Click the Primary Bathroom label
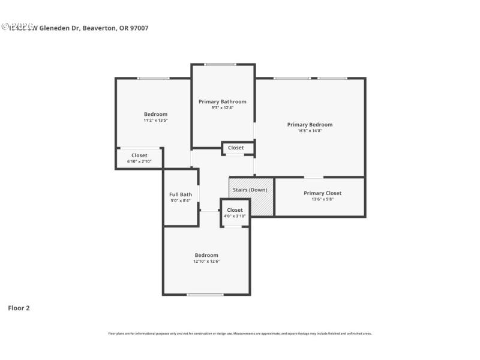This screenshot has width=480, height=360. point(222,101)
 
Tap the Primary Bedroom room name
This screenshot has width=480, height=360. point(310,125)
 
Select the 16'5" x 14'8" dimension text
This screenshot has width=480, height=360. point(310,131)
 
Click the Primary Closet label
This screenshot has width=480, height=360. point(322,193)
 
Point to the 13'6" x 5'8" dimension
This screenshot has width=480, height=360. point(322,199)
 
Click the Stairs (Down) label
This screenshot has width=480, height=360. point(250,190)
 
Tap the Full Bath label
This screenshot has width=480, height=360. point(181,194)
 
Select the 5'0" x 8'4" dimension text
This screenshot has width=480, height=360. point(181,200)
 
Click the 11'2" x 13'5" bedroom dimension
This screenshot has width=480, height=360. point(155,120)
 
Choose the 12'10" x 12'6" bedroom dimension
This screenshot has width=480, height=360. point(206,261)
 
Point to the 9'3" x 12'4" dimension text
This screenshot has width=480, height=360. point(222,107)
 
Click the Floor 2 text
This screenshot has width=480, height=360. point(19,308)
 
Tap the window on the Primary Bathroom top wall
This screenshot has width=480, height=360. point(220,64)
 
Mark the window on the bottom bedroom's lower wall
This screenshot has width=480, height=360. point(205,295)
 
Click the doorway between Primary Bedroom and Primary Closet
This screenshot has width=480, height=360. point(313,177)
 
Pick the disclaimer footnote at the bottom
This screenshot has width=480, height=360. point(239,333)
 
